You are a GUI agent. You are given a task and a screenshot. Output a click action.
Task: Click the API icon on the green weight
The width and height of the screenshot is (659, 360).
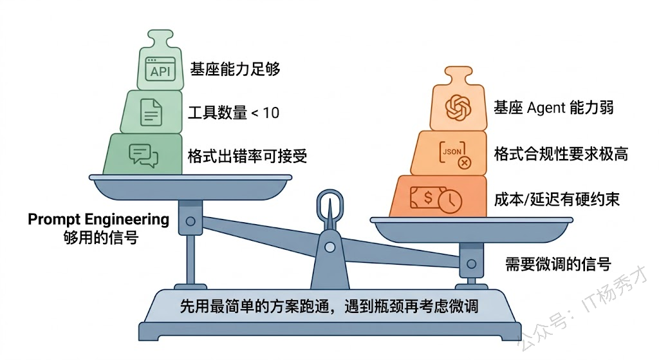(x=160, y=68)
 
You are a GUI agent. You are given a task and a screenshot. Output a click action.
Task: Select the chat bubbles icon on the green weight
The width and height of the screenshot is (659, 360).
(x=144, y=155)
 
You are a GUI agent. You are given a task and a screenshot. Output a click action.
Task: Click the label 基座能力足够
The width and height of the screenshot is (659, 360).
(x=235, y=69)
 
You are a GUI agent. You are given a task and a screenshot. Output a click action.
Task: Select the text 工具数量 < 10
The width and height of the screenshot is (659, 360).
(x=234, y=113)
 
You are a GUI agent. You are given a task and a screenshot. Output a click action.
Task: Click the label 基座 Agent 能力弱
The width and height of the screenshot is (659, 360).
(x=553, y=107)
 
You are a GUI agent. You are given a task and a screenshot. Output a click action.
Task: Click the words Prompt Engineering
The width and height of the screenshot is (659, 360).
(x=98, y=220)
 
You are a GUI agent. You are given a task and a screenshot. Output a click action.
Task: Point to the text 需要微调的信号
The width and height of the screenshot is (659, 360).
(x=557, y=263)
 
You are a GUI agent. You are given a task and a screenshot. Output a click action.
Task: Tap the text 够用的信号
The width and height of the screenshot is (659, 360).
(x=98, y=237)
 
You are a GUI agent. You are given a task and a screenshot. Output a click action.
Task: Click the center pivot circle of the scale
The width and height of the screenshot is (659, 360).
(x=329, y=246)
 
